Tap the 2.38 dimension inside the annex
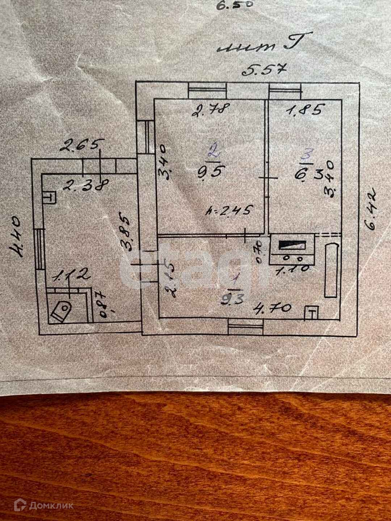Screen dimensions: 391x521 tap(85, 185)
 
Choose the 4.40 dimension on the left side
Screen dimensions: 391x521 tap(17, 236)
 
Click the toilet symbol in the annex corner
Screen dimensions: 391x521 tap(61, 310)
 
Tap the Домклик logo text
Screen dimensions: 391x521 tap(51, 505)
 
